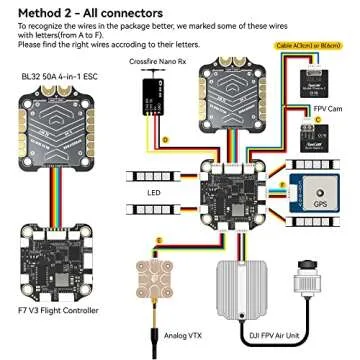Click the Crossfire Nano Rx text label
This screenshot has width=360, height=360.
(157, 62)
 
